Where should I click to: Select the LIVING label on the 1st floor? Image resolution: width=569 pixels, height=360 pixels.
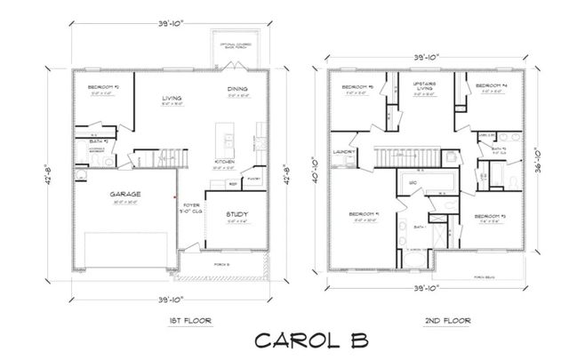[172, 98]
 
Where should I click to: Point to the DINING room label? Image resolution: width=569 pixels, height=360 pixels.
[237, 90]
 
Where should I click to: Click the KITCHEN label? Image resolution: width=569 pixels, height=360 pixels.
[225, 162]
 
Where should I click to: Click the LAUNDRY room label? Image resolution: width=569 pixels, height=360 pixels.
[346, 152]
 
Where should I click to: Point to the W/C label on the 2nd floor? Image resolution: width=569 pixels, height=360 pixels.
[413, 183]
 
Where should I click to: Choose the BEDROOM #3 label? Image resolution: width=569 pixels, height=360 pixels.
[490, 216]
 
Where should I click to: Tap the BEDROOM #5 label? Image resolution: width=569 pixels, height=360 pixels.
[357, 86]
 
